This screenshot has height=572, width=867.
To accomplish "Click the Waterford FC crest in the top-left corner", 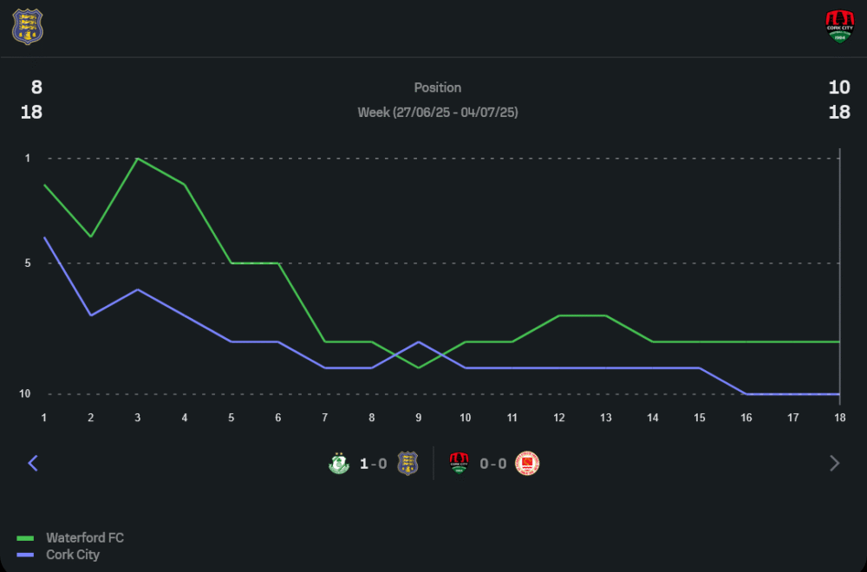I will point(27,27).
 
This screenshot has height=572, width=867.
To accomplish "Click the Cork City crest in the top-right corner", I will point(839,27).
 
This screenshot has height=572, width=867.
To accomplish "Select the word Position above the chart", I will point(438,88).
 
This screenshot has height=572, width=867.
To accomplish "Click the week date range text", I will point(438,113).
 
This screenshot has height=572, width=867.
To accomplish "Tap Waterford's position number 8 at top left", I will point(36,87).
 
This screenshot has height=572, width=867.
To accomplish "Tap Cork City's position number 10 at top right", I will point(839,87).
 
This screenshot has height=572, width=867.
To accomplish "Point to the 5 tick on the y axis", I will point(28,263).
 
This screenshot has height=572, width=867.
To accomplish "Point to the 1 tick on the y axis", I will point(28,159).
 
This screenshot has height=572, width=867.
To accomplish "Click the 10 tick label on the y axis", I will point(25,394).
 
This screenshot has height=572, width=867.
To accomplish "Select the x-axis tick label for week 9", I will point(419,418).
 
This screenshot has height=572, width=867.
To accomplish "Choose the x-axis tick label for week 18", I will point(839,418).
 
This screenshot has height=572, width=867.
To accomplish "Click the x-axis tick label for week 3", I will point(138,418).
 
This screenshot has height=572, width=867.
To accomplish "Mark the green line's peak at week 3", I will point(138,159).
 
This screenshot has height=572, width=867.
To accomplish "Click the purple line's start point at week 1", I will point(44,237).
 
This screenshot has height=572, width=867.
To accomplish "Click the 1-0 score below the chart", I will point(374,464).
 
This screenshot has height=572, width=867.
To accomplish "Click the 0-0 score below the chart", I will point(492,464).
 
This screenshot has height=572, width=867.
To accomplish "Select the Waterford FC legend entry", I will point(84,538).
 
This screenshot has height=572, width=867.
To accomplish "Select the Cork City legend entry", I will point(73,555).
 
